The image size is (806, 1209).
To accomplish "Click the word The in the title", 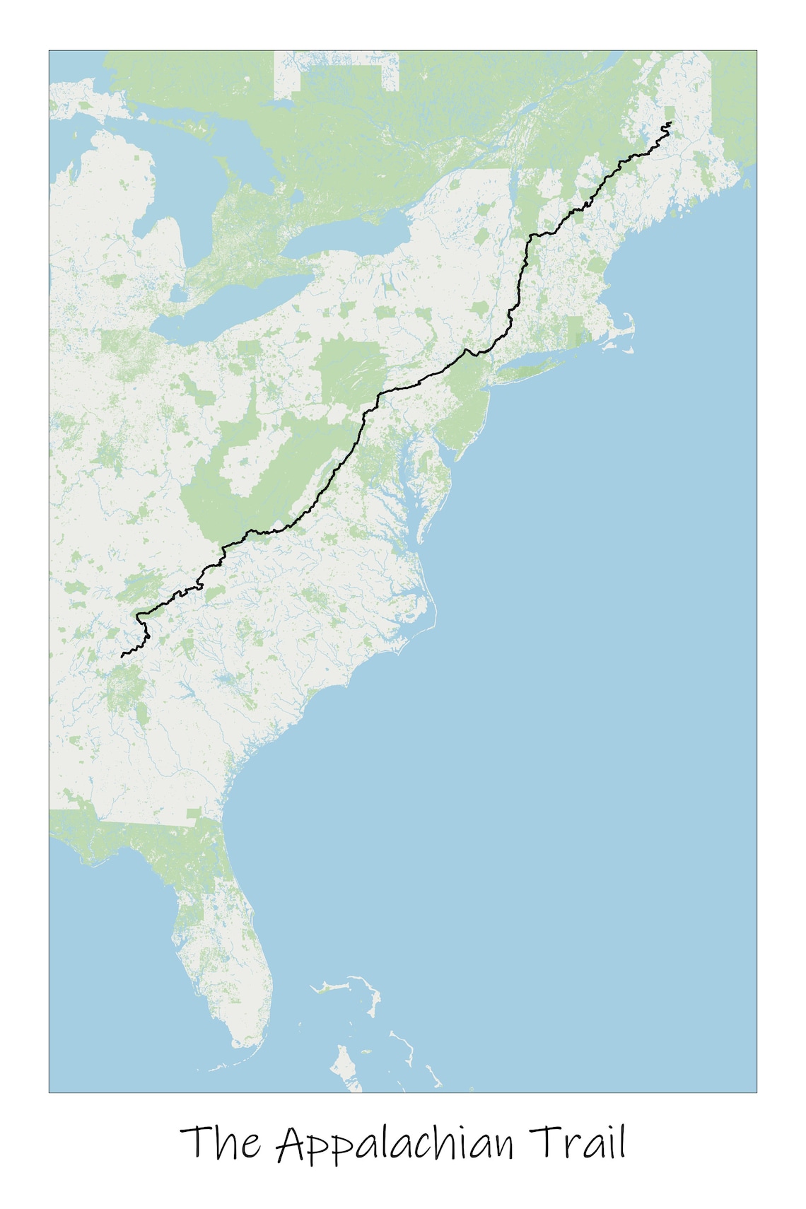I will click(x=220, y=1143).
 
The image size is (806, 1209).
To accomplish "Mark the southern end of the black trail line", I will click(x=122, y=656).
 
